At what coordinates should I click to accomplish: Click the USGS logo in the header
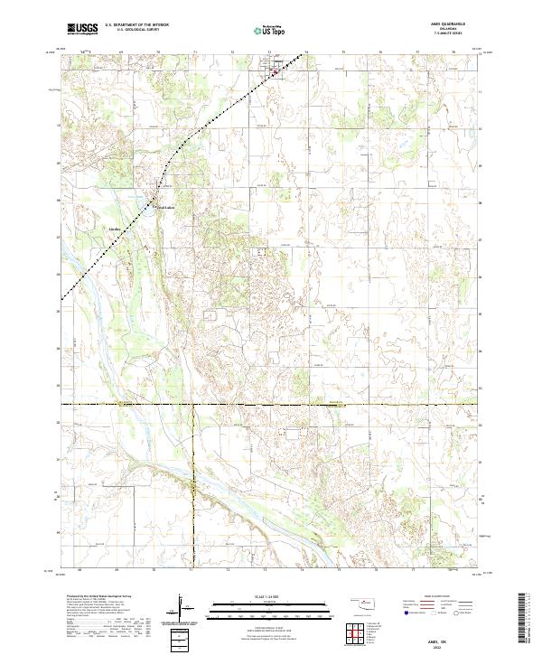[x=83, y=30]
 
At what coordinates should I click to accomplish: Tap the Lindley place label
[x=115, y=229]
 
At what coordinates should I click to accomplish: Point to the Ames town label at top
[x=279, y=62]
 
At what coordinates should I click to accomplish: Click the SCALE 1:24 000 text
[x=270, y=594]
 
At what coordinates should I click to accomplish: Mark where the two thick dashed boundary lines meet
[x=192, y=404]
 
